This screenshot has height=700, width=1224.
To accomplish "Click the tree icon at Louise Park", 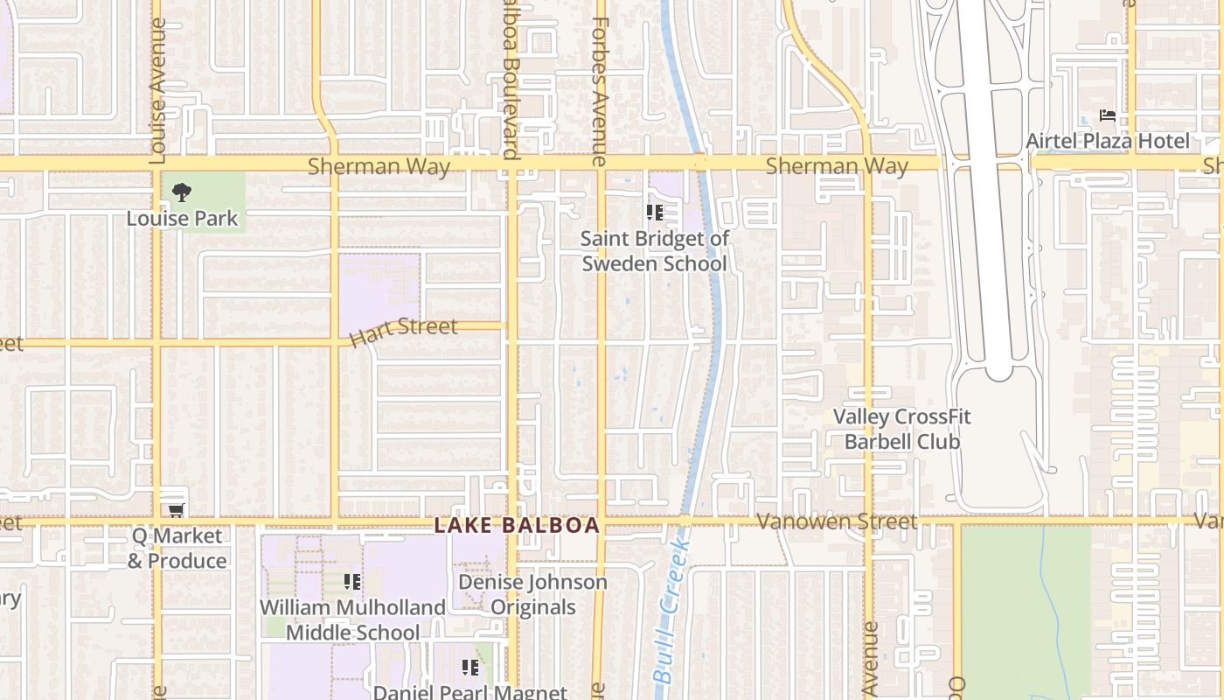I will tap(182, 192).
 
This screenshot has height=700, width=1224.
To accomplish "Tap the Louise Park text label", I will tap(182, 218).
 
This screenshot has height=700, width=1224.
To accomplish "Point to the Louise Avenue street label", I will tap(158, 92).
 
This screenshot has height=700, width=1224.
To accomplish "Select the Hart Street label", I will tap(403, 331).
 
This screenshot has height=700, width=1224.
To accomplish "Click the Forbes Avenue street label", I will tap(599, 92).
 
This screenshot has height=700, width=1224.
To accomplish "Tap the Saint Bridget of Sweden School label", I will tap(654, 251).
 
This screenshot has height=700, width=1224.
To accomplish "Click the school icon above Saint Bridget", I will tap(654, 213).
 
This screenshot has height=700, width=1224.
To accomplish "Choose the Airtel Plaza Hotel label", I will tap(1107, 141).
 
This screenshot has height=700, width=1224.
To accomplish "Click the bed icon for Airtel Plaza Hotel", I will tap(1107, 115).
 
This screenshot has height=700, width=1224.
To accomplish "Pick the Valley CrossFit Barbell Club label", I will tap(901, 429).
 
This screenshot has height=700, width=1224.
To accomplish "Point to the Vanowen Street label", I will tap(837, 521).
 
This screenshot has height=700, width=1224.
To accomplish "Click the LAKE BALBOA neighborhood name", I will tap(517, 525).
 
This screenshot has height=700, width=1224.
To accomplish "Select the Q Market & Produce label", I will tap(177, 549).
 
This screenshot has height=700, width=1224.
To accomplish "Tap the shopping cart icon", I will tap(176, 510).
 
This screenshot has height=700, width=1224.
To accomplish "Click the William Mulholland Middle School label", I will tap(352, 619).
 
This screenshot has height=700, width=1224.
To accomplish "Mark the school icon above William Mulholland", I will tap(352, 582).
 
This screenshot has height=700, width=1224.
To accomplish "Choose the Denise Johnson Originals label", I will tap(532, 594).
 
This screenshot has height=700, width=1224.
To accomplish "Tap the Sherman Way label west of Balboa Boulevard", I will tap(379, 165).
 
